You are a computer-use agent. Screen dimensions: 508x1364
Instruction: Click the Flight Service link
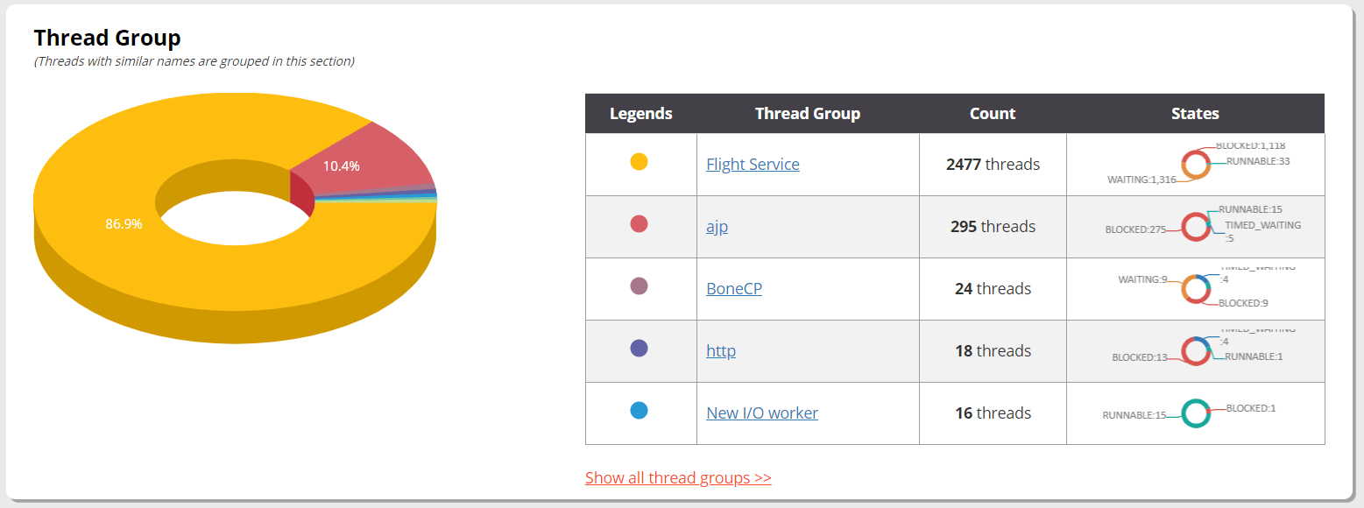coord(753,164)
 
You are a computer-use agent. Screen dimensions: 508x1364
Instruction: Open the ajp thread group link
coord(717,227)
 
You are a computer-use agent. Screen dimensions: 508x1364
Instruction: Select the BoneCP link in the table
coord(734,288)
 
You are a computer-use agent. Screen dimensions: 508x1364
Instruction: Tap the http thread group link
coord(721,350)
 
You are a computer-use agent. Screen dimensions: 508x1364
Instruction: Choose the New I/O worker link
coord(762,413)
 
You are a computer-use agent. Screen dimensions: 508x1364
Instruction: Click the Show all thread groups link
coord(678,477)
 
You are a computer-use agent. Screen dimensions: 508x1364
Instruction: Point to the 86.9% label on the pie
coord(124,223)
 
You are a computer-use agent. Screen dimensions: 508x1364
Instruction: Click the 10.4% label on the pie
coord(341,166)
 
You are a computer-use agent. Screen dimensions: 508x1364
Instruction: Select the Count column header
coord(993,113)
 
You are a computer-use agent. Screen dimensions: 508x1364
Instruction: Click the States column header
coord(1195,113)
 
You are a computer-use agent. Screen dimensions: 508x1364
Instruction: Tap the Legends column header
coord(640,113)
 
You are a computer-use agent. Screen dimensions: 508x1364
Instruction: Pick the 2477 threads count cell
coord(993,164)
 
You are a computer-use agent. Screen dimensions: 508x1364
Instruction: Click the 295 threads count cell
coord(993,227)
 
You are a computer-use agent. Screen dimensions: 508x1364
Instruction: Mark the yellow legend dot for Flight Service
coord(640,161)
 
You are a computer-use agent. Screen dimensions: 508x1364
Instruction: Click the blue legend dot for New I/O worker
coord(640,410)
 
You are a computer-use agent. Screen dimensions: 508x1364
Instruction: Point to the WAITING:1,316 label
coord(1141,180)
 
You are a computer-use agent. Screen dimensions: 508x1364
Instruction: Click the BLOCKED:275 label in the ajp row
coord(1135,229)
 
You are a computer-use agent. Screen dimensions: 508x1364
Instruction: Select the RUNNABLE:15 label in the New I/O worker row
coord(1134,415)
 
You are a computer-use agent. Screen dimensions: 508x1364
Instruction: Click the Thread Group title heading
coord(107,38)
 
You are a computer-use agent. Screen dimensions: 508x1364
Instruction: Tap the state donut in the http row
coord(1195,350)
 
